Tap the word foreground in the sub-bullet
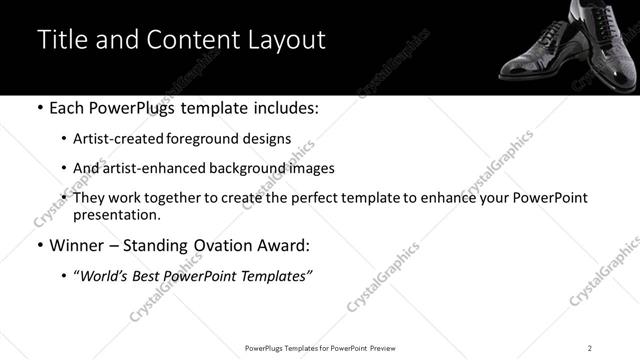click(x=214, y=139)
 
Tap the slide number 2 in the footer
click(x=590, y=347)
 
